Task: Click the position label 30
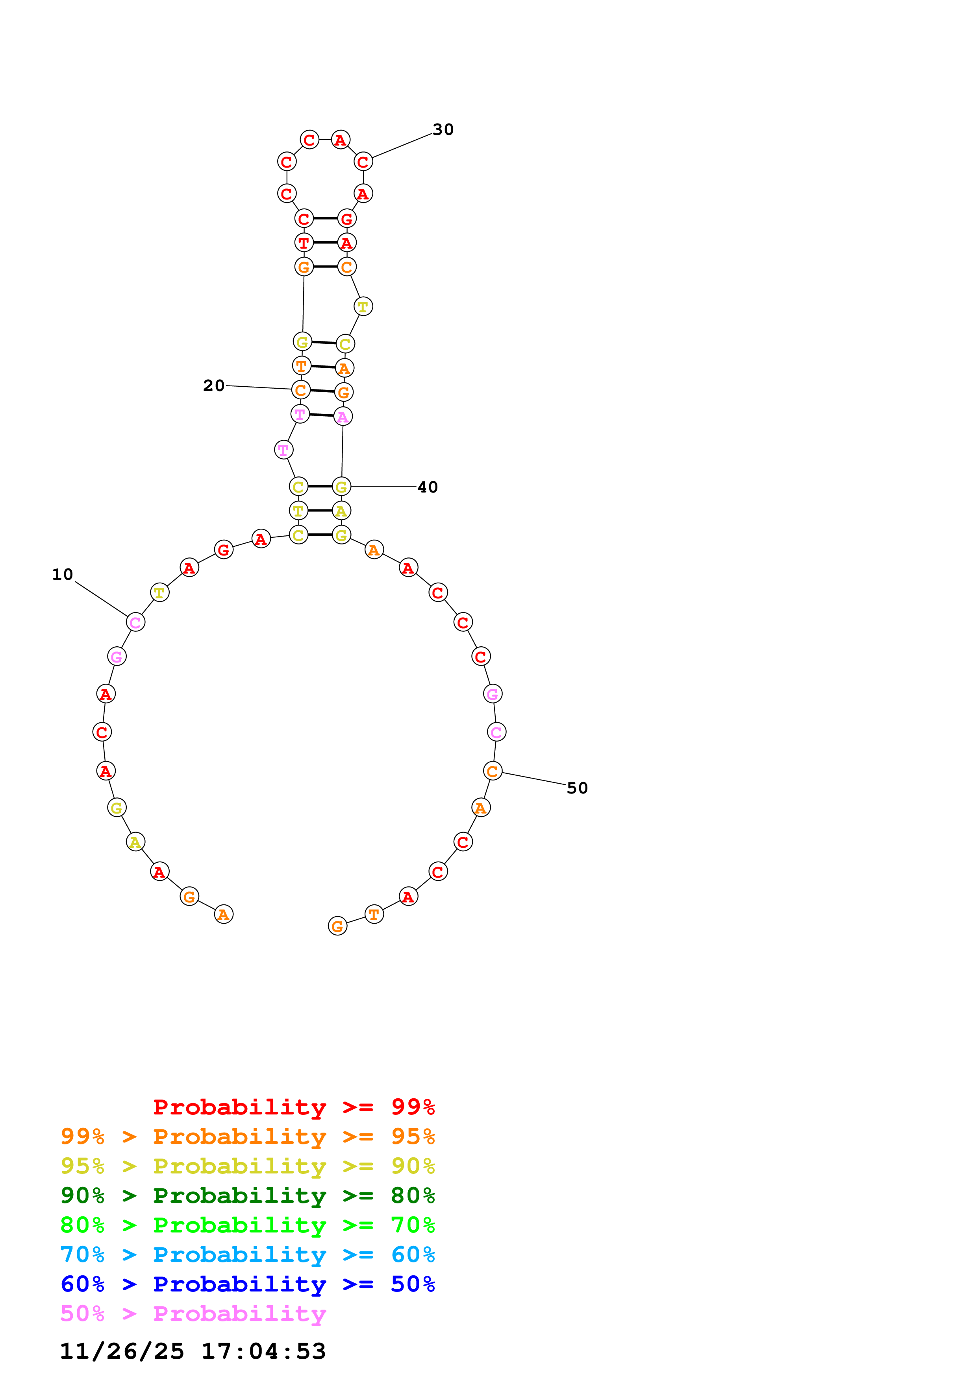pos(443,130)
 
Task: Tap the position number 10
pos(63,575)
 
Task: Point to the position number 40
pos(428,487)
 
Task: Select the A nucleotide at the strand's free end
pos(224,914)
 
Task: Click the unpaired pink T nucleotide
pos(283,450)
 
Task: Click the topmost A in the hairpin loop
pos(341,140)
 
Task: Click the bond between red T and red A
pos(325,243)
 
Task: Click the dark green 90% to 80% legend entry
pos(247,1196)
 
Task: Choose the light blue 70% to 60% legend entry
pos(247,1255)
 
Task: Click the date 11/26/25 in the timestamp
pos(122,1351)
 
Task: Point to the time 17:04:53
pos(263,1351)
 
